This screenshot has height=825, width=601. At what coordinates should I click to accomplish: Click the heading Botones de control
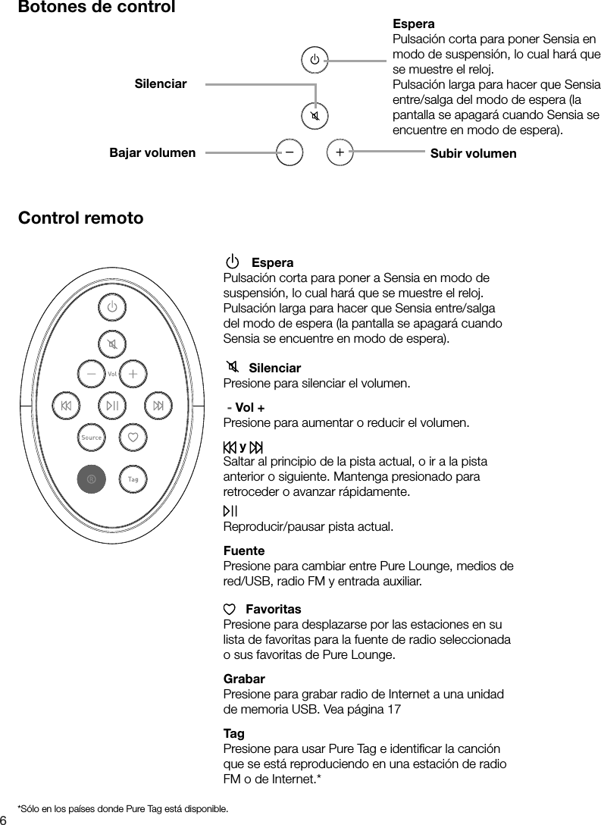pos(96,8)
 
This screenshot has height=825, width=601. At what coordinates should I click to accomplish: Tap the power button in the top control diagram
pos(314,59)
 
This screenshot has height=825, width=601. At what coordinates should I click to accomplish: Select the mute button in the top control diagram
pos(314,116)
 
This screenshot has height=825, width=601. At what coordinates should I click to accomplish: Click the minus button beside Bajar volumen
pos(289,152)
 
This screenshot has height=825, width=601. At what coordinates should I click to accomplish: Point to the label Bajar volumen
pos(152,153)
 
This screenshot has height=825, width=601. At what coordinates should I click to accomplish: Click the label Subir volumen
pos(473,154)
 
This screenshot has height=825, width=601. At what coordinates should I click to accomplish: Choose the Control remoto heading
pos(80,218)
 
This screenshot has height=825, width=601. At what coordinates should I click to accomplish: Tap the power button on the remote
pos(112,307)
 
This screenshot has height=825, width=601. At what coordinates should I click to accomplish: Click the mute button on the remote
pos(112,346)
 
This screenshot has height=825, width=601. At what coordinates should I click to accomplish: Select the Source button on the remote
pos(92,438)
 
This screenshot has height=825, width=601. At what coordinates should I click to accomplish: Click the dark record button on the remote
pos(91,479)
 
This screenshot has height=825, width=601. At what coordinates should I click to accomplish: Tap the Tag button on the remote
pos(133,479)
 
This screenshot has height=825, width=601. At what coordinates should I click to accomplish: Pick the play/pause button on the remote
pos(112,406)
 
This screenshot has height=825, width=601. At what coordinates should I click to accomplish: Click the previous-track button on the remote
pos(66,406)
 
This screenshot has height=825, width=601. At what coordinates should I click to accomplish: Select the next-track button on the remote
pos(158,406)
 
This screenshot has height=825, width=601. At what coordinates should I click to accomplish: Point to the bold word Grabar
pos(244,679)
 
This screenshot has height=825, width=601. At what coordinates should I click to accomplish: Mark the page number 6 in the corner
pos(4,819)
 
